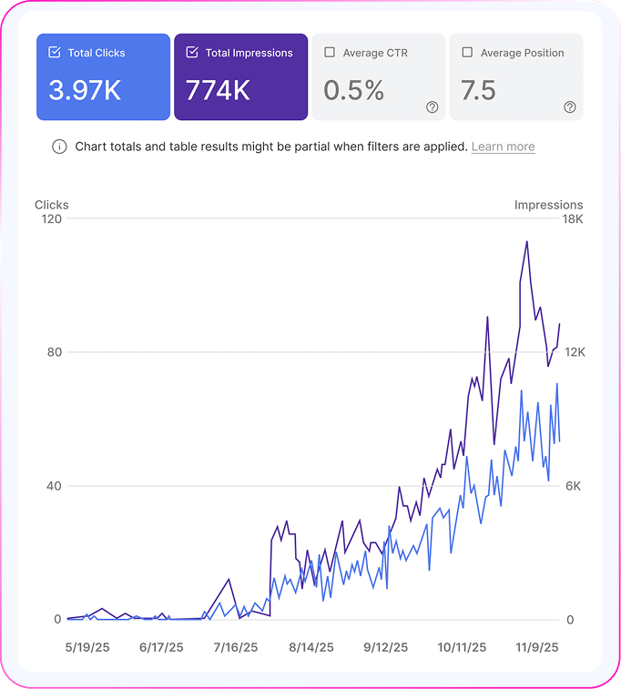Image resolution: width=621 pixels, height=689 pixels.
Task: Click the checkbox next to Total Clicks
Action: [x=55, y=53]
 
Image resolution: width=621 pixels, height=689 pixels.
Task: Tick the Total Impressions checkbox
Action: [x=192, y=53]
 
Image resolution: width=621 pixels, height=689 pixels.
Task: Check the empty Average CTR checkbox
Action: [x=330, y=53]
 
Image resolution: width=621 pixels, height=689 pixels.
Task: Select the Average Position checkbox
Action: [x=467, y=53]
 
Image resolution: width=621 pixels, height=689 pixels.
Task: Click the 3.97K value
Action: [x=86, y=90]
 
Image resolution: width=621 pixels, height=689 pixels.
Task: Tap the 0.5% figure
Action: [x=353, y=90]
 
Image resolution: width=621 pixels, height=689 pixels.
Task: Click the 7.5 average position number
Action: [x=478, y=90]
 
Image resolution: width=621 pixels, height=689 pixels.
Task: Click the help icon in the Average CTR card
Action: [x=433, y=107]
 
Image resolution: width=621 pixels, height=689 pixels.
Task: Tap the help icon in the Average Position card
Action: [x=570, y=107]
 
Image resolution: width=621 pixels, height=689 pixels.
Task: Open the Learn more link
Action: [x=503, y=147]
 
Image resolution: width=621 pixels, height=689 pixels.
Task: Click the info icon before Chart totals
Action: [x=59, y=147]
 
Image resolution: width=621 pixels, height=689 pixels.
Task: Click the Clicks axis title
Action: [x=52, y=205]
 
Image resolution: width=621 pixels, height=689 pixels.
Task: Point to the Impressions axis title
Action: [x=548, y=205]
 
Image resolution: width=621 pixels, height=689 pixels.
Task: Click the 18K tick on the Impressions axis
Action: [x=573, y=219]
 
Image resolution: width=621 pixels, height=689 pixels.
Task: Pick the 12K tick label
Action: [x=575, y=352]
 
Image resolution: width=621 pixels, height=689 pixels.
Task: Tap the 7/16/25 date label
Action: [x=236, y=648]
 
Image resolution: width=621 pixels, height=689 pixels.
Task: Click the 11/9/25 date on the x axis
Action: [x=536, y=648]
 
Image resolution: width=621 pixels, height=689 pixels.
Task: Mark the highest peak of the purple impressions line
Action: [x=526, y=242]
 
